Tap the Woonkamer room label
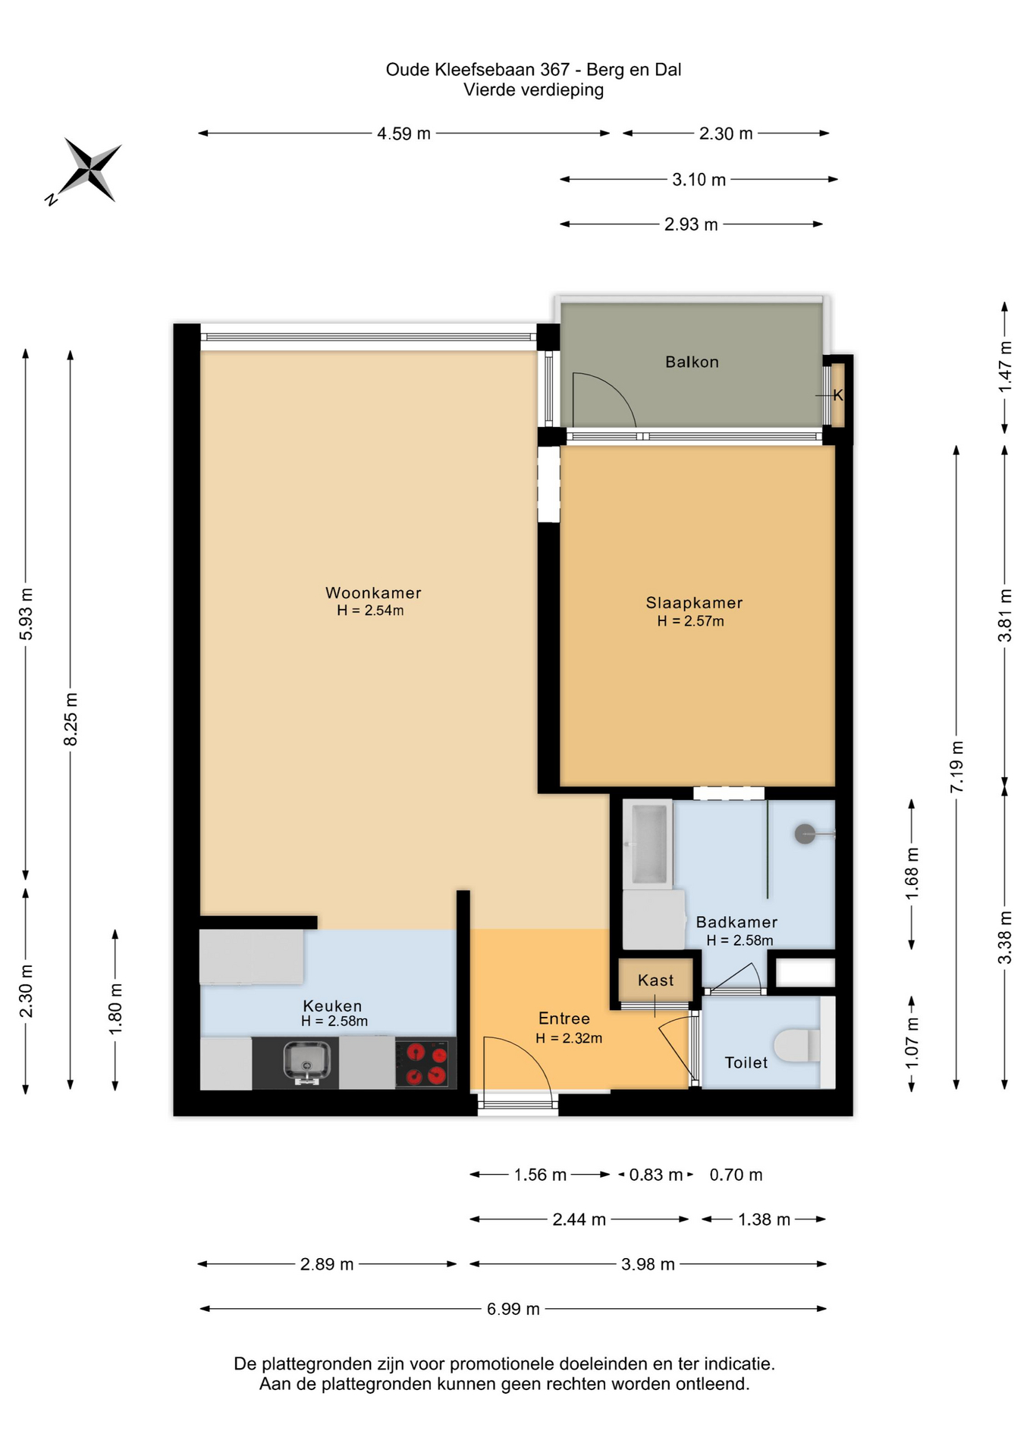click(373, 593)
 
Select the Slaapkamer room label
click(694, 603)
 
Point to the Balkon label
click(692, 362)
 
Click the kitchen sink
click(307, 1062)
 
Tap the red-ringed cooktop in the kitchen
click(426, 1063)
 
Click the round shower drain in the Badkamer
click(805, 834)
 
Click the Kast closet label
click(655, 981)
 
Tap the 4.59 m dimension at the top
click(404, 133)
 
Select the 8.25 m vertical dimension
click(71, 719)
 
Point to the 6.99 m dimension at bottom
click(513, 1309)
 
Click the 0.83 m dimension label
click(655, 1175)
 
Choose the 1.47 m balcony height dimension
click(1005, 367)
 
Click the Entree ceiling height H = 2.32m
click(569, 1038)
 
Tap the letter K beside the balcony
click(838, 395)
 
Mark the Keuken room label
click(332, 1006)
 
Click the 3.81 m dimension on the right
click(1005, 615)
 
